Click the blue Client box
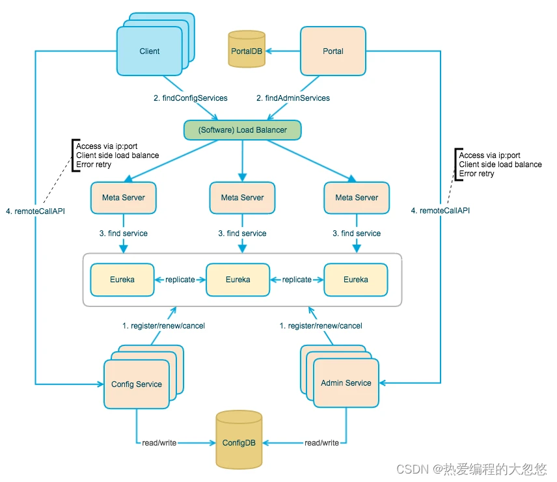click(149, 51)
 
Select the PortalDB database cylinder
click(247, 49)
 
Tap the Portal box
click(333, 51)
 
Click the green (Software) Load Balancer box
click(242, 130)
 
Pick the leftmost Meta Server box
click(124, 197)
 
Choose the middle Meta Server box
click(242, 197)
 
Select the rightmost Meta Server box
click(357, 197)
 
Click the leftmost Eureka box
click(122, 280)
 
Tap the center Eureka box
click(238, 280)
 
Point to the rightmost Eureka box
click(356, 280)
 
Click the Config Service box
click(136, 384)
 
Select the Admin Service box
click(346, 383)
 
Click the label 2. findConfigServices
click(191, 98)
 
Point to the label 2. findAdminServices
click(293, 98)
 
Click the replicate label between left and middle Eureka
click(180, 280)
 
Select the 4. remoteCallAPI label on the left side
click(40, 211)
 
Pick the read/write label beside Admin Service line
click(321, 443)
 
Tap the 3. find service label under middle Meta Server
click(242, 234)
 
